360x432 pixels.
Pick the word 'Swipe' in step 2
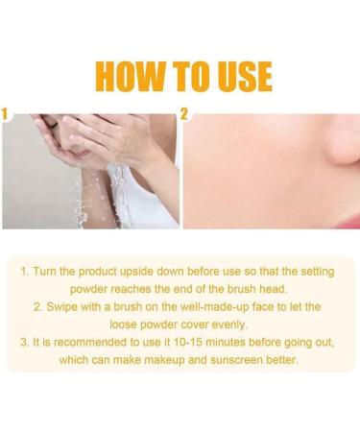68,307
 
